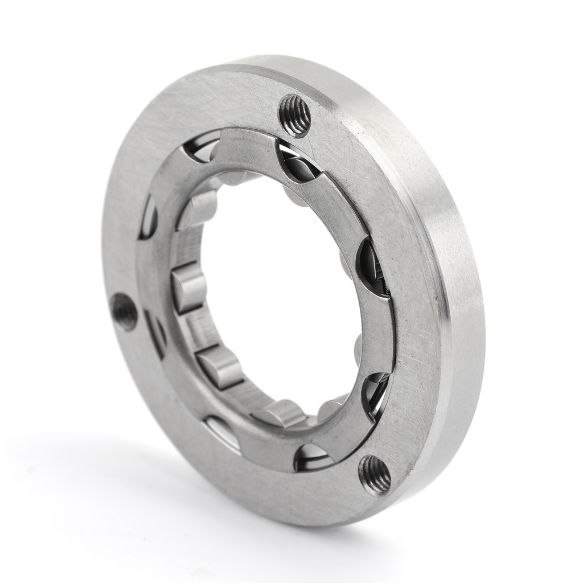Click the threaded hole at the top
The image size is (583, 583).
tap(294, 116)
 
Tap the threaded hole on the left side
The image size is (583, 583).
tap(124, 312)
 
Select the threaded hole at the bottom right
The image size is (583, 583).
tap(374, 474)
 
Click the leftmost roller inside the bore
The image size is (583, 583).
tap(188, 288)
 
